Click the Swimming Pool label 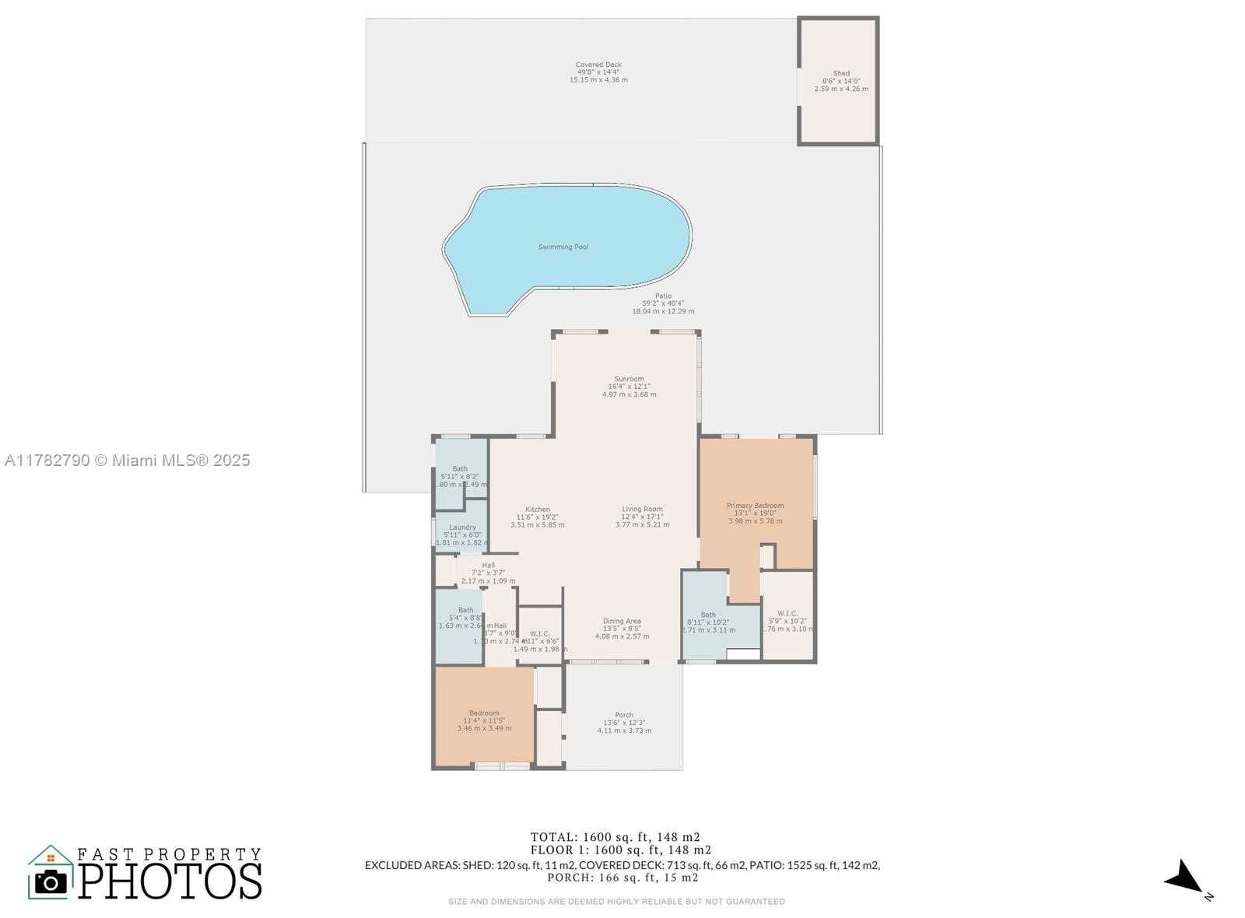[x=563, y=247]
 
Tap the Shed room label [x=841, y=74]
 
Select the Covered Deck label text [x=598, y=65]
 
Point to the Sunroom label [x=629, y=379]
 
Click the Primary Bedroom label [x=755, y=506]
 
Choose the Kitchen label [x=537, y=510]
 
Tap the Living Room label [x=642, y=509]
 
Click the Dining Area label [x=622, y=621]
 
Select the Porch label [x=624, y=715]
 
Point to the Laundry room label [x=462, y=527]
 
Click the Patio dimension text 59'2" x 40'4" [x=663, y=303]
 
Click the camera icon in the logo [x=51, y=881]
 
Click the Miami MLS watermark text [x=128, y=461]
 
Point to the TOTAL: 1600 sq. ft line [x=615, y=837]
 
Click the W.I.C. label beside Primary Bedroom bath [x=787, y=614]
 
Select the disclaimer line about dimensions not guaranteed [x=616, y=902]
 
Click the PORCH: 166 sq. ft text [x=622, y=878]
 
